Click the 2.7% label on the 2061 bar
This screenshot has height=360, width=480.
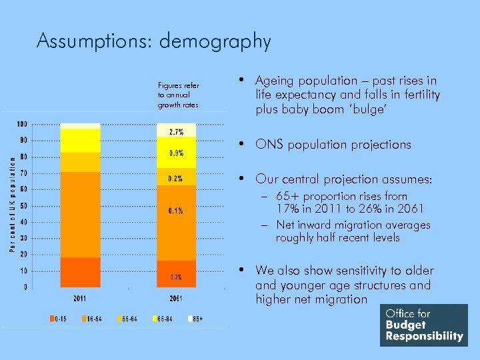[x=177, y=132]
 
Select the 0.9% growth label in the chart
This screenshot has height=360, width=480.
[x=177, y=153]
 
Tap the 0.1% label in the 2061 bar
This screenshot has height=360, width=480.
[x=176, y=211]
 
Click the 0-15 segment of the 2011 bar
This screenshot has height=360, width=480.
[x=80, y=272]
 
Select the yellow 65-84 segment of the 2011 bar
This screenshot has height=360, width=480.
[x=80, y=141]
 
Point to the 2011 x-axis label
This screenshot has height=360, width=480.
[x=79, y=298]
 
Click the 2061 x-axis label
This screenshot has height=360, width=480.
[x=176, y=298]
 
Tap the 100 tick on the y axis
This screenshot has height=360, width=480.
[x=22, y=124]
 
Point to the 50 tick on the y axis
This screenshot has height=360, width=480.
[x=23, y=205]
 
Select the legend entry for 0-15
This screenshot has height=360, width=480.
[x=59, y=319]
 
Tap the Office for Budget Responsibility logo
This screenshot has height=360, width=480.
[x=423, y=325]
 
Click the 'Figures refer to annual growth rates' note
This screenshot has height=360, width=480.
[x=178, y=95]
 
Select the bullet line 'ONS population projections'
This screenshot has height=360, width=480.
[x=333, y=145]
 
